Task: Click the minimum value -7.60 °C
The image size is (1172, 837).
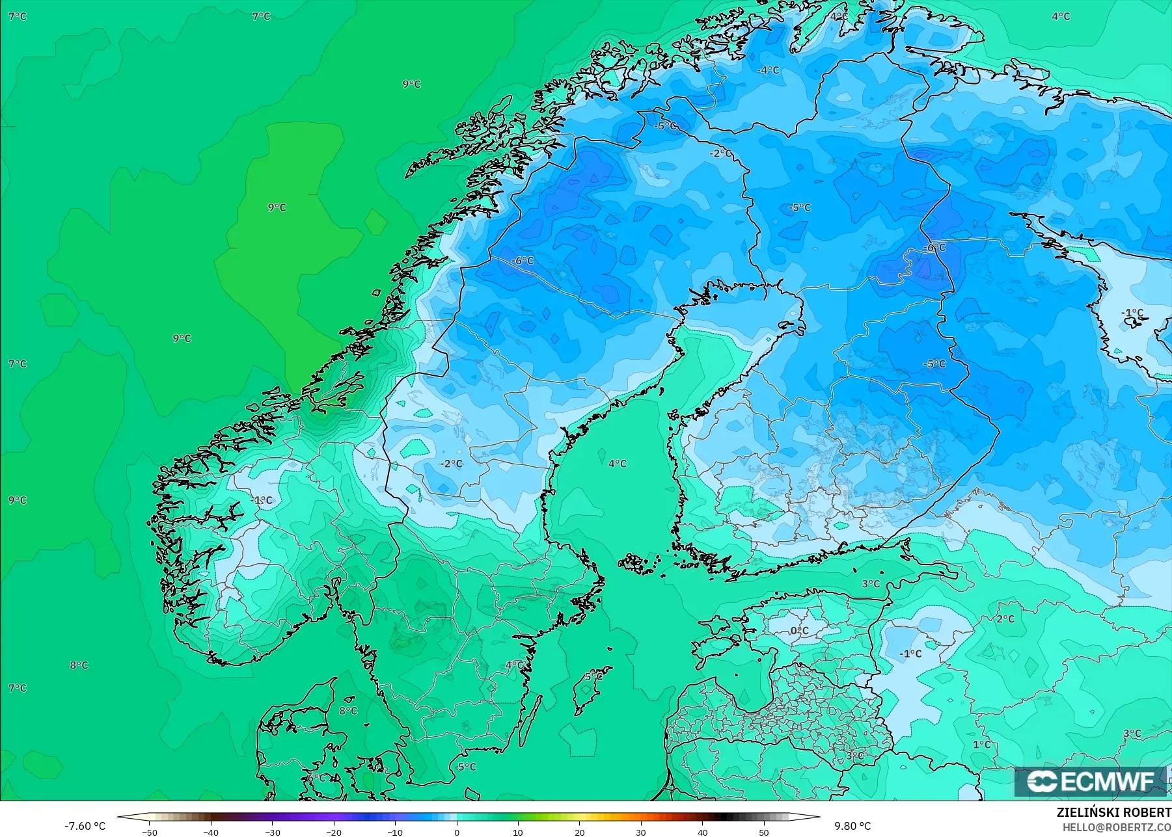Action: tap(85, 826)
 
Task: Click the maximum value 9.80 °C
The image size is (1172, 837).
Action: tap(852, 826)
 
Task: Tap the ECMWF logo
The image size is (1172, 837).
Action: tap(1090, 781)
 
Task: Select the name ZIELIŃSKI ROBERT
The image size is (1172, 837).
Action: tap(1113, 812)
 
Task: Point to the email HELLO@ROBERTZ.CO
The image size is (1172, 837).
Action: tap(1117, 827)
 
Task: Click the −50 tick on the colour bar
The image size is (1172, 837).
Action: tap(149, 832)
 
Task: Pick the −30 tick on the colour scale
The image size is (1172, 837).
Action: tap(272, 832)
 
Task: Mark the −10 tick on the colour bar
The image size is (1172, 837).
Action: tap(395, 832)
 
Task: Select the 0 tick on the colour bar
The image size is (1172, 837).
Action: tap(457, 832)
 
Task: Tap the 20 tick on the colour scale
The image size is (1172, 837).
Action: tap(580, 832)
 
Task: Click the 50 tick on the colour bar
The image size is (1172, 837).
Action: tap(764, 832)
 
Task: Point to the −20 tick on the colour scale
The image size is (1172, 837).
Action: tap(334, 832)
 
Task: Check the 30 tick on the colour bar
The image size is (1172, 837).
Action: tap(641, 832)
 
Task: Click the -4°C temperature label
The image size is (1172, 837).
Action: tap(769, 70)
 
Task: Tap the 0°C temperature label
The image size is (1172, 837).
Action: tap(799, 631)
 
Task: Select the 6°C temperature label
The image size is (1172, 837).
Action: tap(316, 778)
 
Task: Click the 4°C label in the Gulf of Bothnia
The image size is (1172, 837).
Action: tap(618, 464)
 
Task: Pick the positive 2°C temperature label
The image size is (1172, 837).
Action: tap(1005, 619)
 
